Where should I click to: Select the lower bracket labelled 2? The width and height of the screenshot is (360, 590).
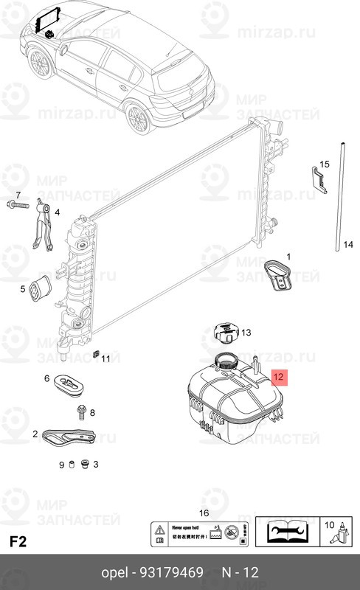point(69,439)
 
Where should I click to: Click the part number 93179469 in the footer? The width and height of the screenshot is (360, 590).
point(173,573)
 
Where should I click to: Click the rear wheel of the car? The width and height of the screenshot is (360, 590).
point(137,117)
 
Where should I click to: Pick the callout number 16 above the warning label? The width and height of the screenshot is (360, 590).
point(204,514)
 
